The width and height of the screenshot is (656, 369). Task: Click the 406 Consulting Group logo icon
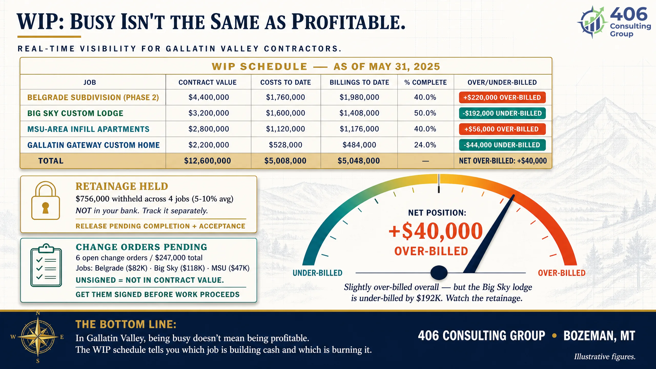click(x=592, y=23)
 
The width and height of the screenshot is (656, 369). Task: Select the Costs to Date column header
click(x=285, y=82)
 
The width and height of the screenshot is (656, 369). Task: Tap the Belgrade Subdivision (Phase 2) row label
click(x=93, y=97)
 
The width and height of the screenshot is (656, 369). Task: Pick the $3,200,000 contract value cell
click(x=209, y=113)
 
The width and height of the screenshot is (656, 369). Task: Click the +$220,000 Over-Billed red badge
click(x=502, y=97)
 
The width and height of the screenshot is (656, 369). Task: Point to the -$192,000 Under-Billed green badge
click(x=502, y=113)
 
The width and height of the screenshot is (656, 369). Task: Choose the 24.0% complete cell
click(x=425, y=145)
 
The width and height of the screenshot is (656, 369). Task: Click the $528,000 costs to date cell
click(x=285, y=145)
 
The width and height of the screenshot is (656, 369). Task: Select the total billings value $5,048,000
click(x=358, y=161)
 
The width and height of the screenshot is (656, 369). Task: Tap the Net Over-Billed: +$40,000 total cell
click(x=503, y=161)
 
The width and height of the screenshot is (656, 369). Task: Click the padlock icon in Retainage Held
click(x=46, y=200)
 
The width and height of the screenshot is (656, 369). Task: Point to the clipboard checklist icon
click(x=46, y=265)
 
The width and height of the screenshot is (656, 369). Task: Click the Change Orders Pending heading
click(x=141, y=247)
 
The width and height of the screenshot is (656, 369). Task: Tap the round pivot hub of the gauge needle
click(x=439, y=272)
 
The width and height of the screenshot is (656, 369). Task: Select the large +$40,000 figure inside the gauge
click(x=436, y=231)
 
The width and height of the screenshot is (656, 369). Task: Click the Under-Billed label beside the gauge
click(x=317, y=273)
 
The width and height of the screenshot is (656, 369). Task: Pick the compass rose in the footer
click(x=38, y=337)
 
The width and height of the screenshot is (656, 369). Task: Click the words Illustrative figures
click(x=605, y=356)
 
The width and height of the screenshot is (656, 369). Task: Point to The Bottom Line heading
click(x=126, y=324)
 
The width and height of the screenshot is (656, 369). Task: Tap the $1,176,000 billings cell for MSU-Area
click(x=359, y=129)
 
